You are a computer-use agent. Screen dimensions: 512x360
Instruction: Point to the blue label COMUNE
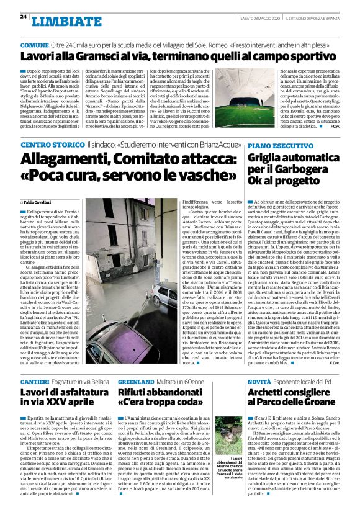click(36, 45)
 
